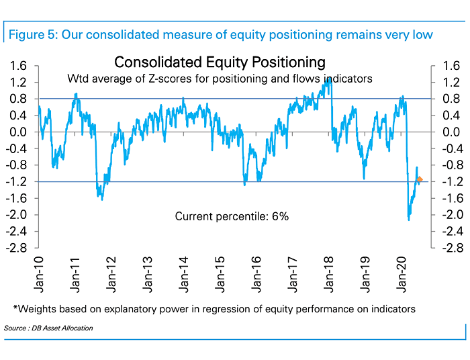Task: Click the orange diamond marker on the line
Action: [x=420, y=179]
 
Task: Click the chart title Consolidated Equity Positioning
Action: [x=220, y=62]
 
